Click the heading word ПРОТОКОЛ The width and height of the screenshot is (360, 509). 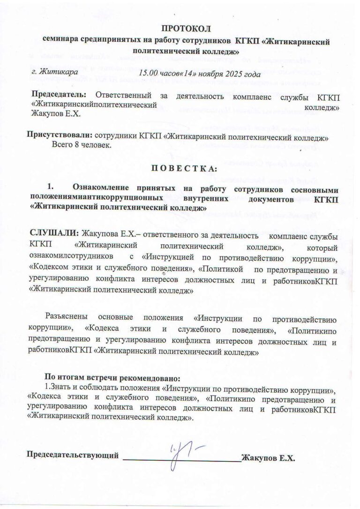[x=187, y=30]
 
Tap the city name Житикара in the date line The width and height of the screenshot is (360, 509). [x=58, y=73]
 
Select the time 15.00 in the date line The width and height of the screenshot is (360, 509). [x=150, y=74]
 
